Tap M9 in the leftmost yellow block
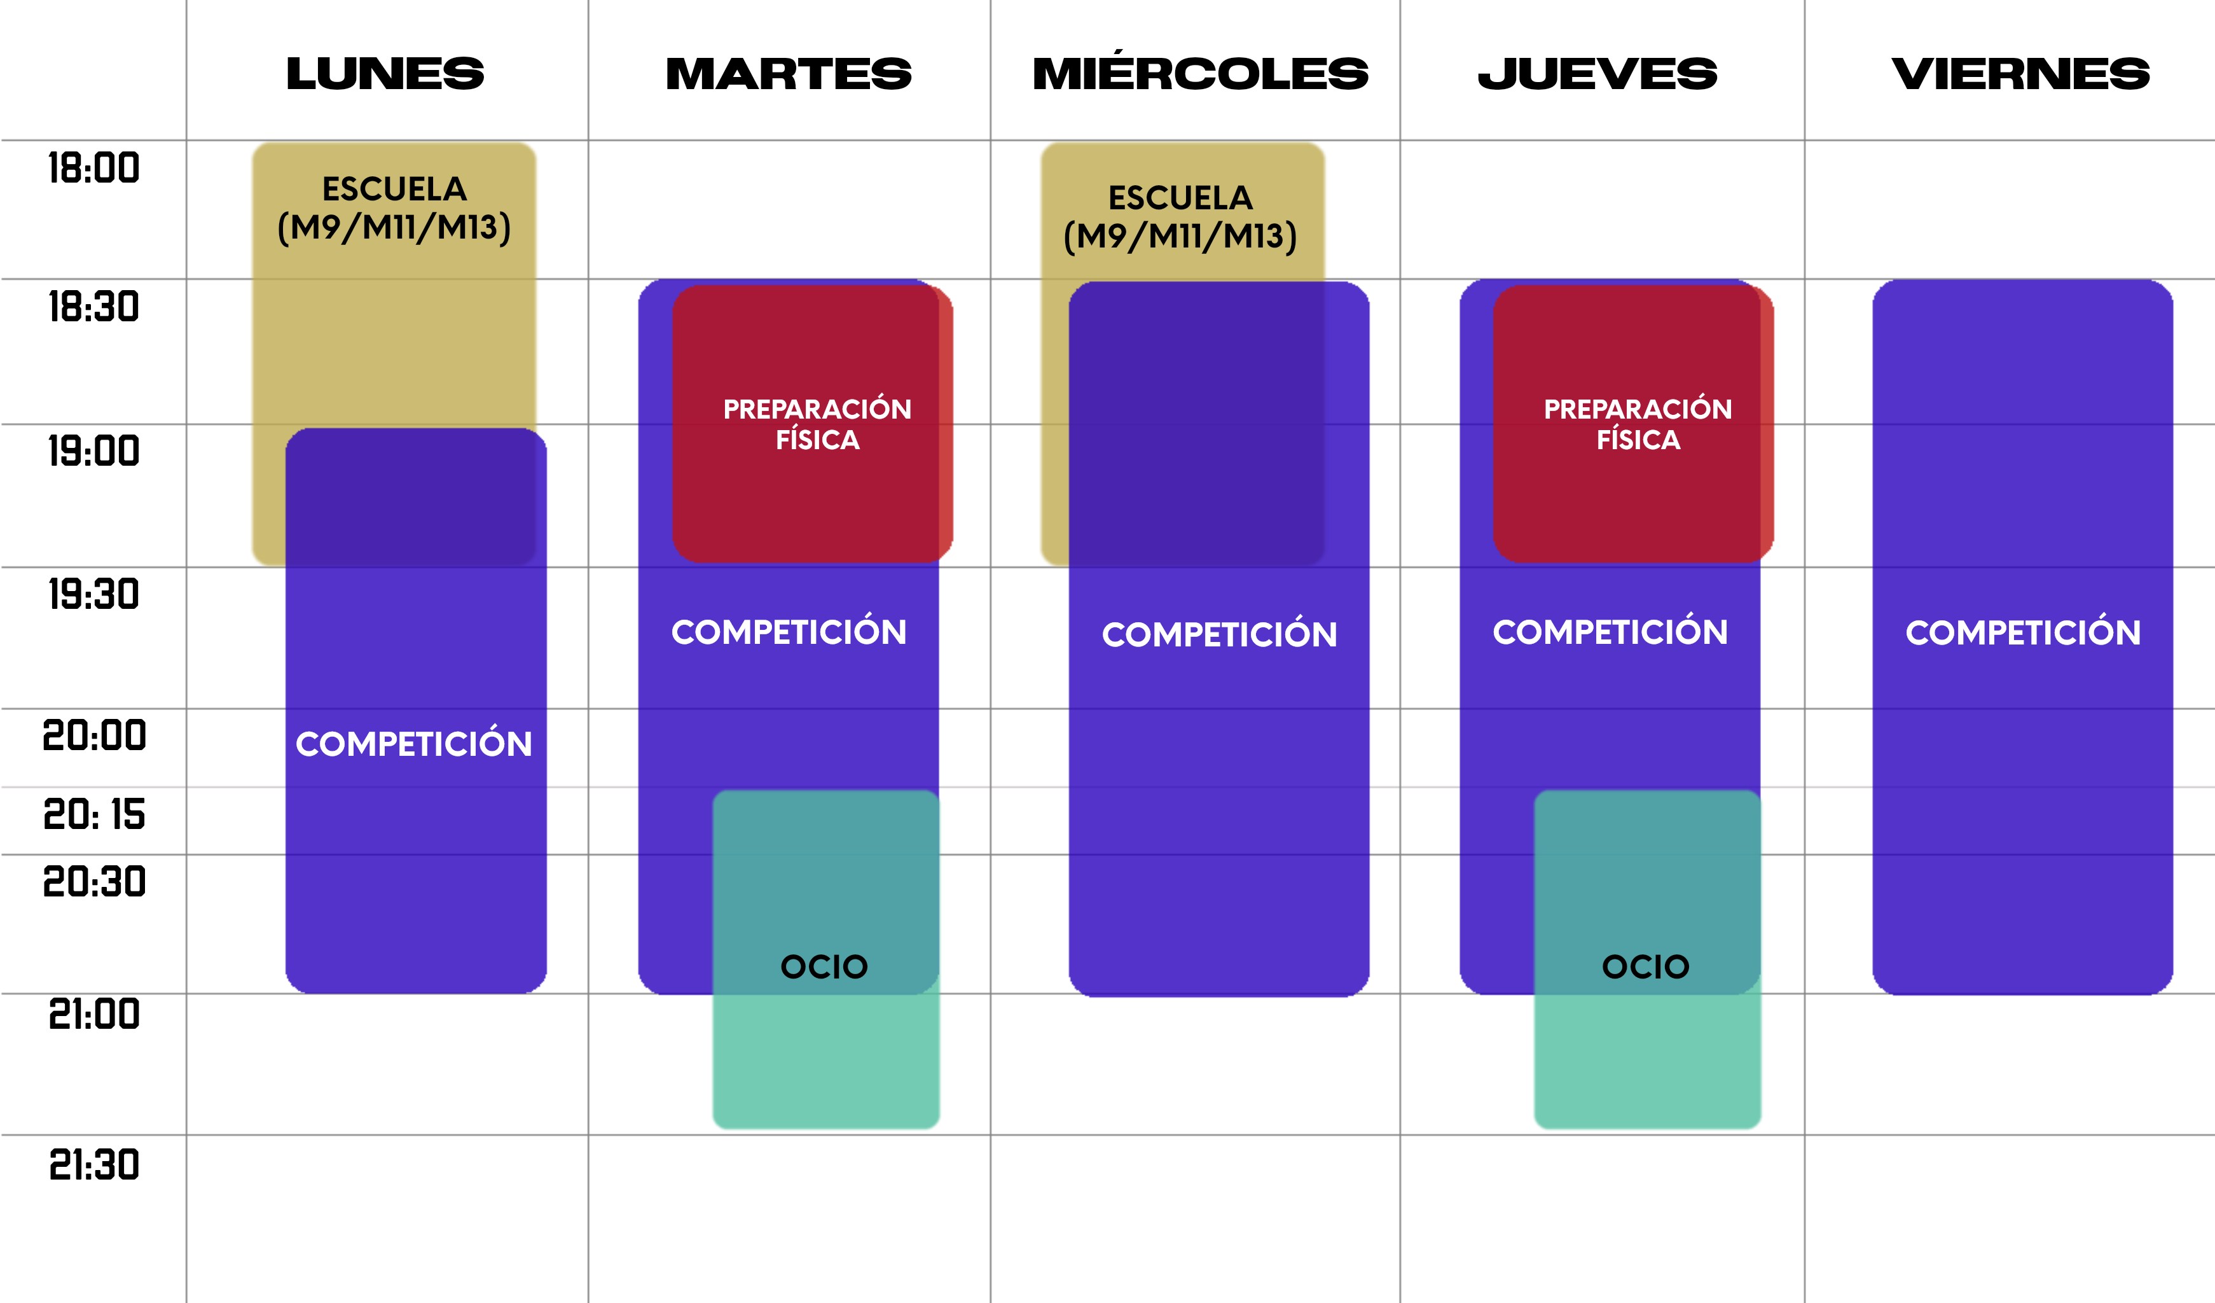pos(315,228)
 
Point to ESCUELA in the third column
pos(1180,198)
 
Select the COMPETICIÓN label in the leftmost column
pos(414,744)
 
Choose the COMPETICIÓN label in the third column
pos(1219,634)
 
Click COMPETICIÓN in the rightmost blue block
pos(2022,632)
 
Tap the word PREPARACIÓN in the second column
pos(817,409)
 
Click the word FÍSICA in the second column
pos(817,440)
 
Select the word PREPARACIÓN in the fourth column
pos(1638,409)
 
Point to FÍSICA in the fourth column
pos(1638,440)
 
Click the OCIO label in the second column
pos(824,967)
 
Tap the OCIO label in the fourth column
pos(1645,967)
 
